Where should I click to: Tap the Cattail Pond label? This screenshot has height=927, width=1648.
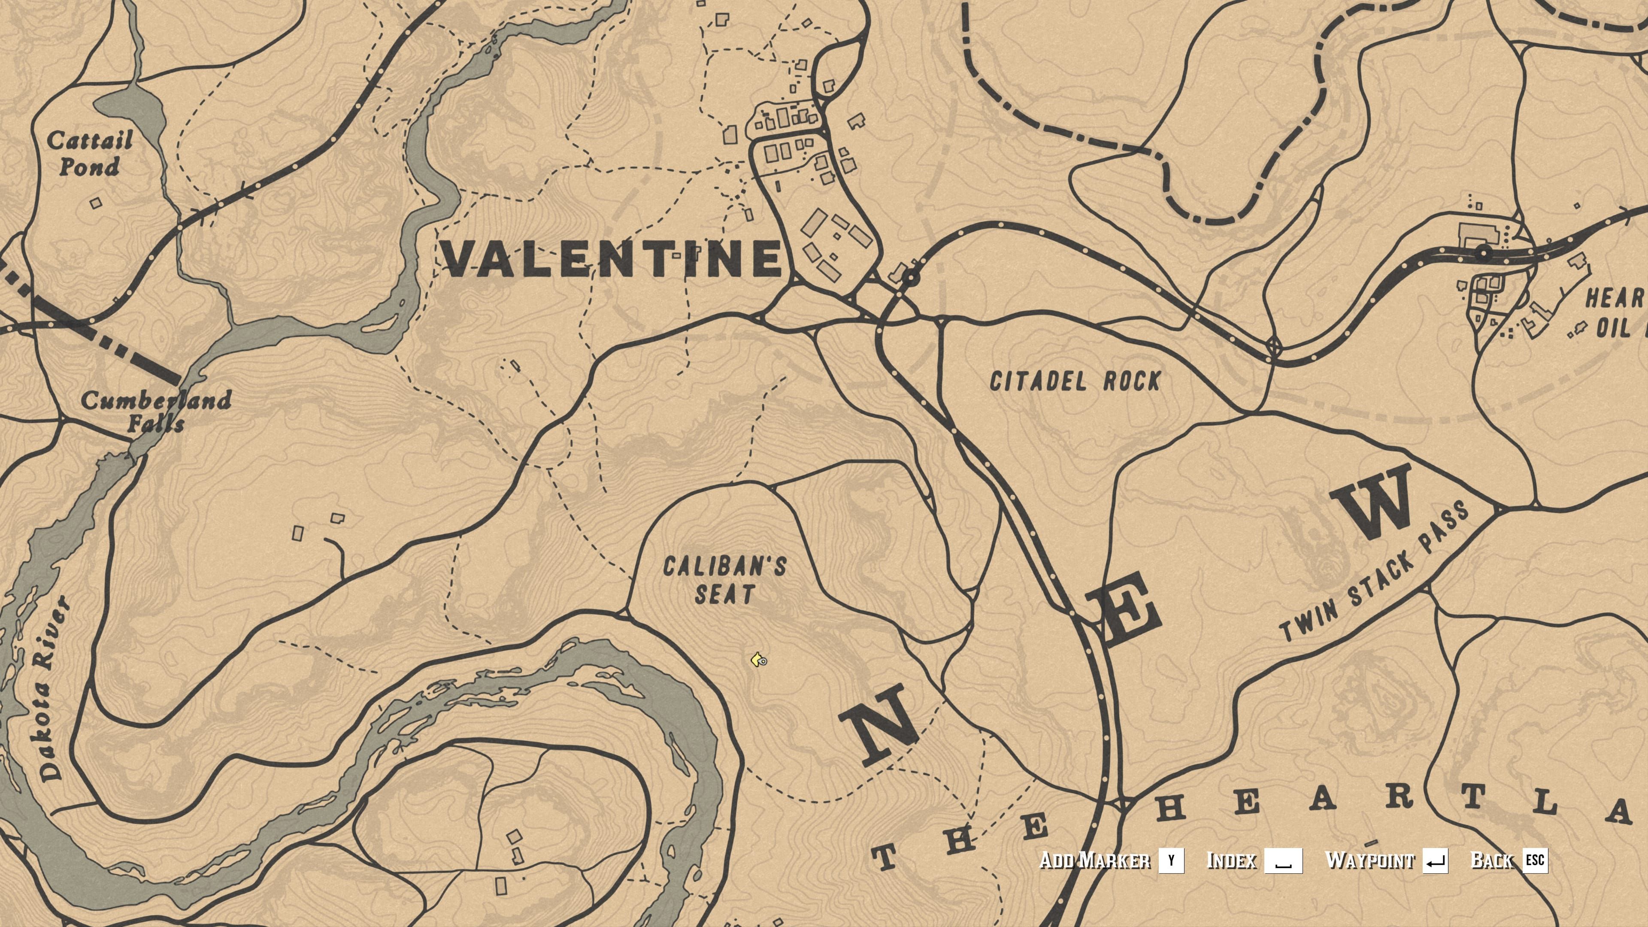click(90, 154)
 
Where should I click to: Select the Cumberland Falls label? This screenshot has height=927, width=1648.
click(155, 412)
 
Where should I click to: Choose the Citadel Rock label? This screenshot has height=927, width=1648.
click(1075, 381)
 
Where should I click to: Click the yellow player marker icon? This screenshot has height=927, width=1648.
click(758, 660)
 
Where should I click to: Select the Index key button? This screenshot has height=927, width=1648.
click(1283, 860)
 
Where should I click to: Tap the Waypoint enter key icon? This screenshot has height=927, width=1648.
click(1435, 860)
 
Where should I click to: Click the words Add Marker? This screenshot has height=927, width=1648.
click(1095, 860)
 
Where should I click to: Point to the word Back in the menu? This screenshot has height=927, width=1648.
click(1492, 860)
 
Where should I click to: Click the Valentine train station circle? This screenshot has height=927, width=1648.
click(910, 278)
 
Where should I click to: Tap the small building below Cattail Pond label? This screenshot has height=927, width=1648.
click(95, 203)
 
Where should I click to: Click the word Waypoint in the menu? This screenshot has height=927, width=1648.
click(1370, 860)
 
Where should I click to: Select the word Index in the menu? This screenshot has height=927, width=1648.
click(1231, 860)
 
